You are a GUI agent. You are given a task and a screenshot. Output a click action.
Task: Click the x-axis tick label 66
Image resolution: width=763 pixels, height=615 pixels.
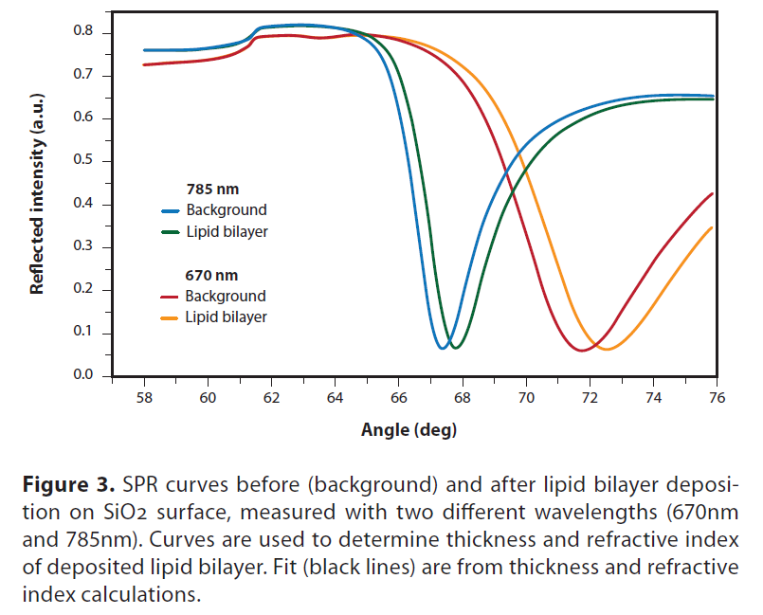(x=398, y=397)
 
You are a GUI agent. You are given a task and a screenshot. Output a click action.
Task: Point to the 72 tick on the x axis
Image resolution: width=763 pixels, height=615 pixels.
(x=590, y=397)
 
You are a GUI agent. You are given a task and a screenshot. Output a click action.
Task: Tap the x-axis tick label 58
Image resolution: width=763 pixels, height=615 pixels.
(x=144, y=397)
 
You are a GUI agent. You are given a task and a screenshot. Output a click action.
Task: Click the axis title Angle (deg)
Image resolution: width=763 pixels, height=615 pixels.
(x=409, y=431)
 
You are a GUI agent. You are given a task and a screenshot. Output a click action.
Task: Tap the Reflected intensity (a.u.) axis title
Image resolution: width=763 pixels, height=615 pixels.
(x=38, y=205)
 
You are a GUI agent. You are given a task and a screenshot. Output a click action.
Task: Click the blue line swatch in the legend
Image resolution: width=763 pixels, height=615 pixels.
(x=171, y=210)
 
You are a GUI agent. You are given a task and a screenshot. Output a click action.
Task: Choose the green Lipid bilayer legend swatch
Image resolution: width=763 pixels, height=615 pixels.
(x=171, y=231)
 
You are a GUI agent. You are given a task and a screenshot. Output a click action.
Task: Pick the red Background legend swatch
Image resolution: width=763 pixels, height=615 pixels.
(x=171, y=297)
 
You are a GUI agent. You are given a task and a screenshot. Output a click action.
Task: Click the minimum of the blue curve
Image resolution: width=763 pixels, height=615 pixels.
(x=443, y=348)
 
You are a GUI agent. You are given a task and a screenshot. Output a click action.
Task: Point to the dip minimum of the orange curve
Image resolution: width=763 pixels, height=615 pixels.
(x=606, y=349)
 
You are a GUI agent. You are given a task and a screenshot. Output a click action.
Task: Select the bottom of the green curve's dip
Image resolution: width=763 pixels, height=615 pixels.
(x=457, y=348)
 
